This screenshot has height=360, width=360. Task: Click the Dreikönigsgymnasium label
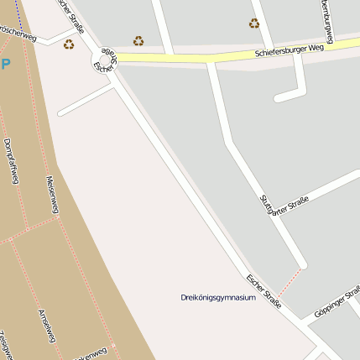(217, 297)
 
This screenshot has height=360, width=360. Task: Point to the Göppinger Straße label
(336, 303)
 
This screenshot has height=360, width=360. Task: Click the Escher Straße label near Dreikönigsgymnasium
(263, 290)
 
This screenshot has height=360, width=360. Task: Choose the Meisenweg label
(52, 195)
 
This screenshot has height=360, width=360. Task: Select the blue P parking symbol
(6, 64)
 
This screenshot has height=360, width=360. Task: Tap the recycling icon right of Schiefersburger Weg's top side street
(254, 23)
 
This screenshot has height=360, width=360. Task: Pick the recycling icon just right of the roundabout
(138, 40)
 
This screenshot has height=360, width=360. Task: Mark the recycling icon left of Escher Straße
(69, 44)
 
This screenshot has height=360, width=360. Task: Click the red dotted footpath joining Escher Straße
(289, 283)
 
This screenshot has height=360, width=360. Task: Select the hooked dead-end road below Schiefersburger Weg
(295, 84)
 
